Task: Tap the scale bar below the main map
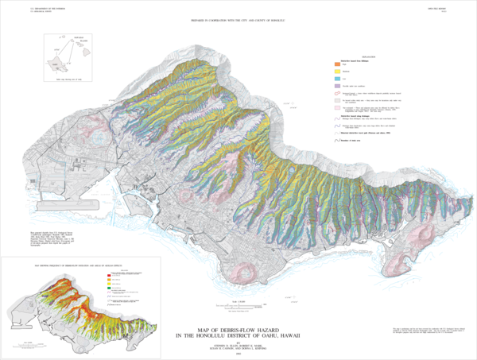235,308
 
